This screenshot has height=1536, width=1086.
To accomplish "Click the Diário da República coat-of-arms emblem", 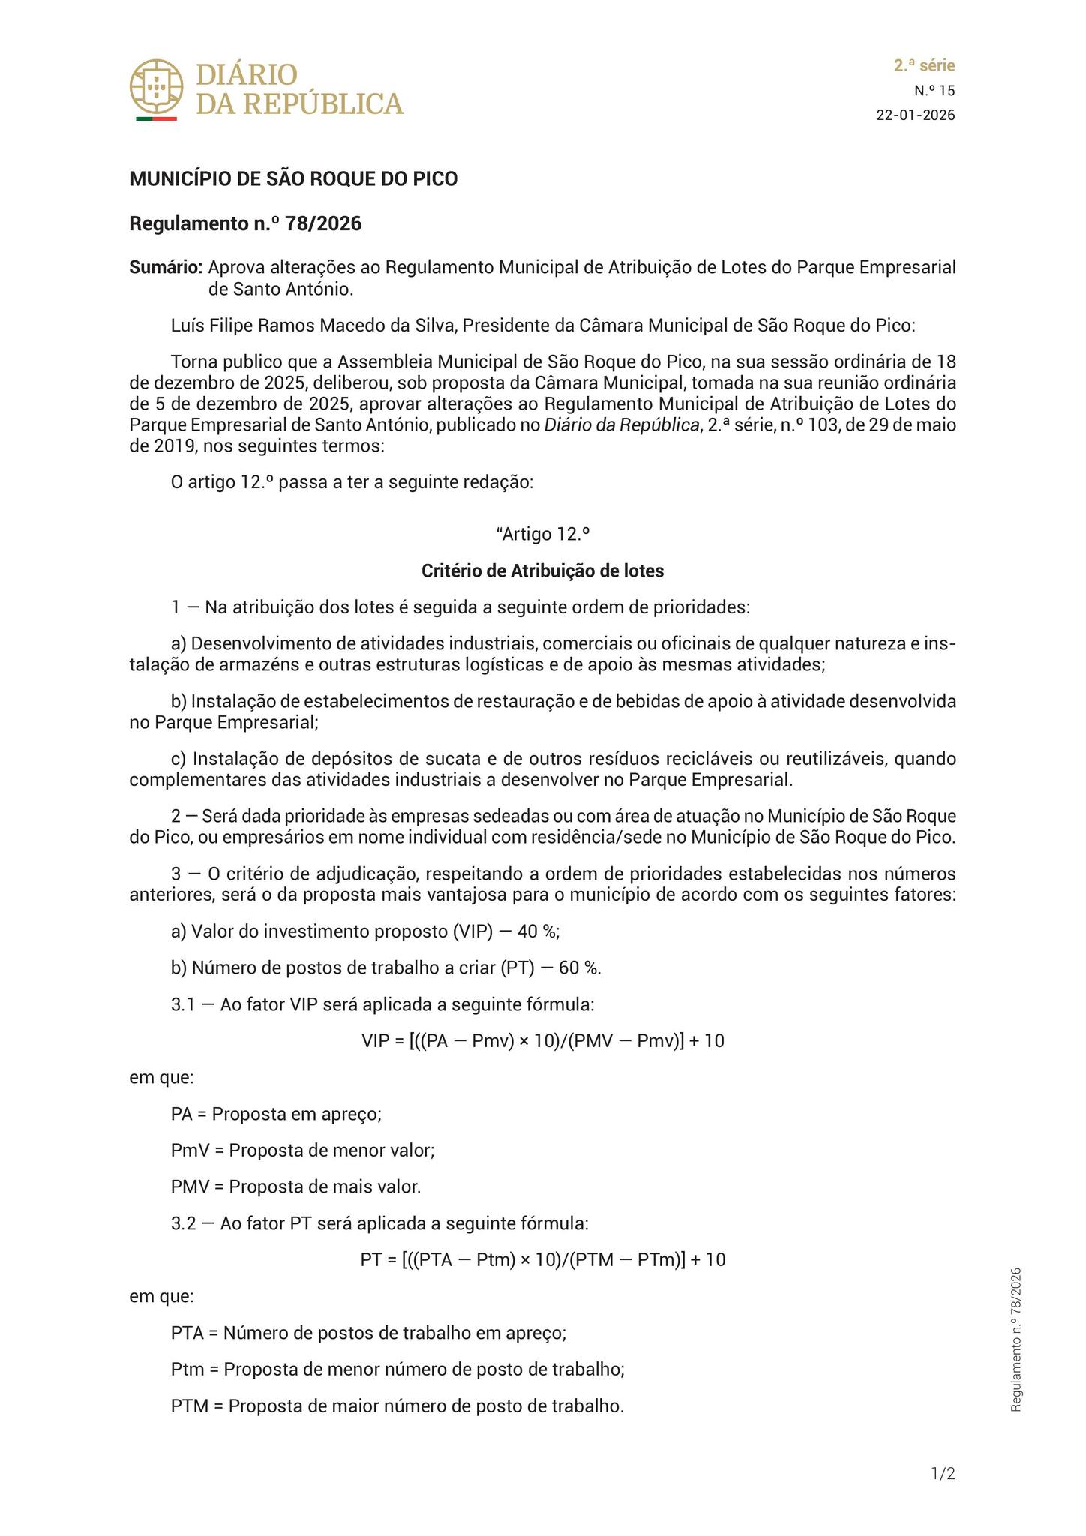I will click(156, 86).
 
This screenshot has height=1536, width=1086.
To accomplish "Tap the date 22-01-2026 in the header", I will click(916, 115).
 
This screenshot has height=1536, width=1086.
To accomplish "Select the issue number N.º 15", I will click(934, 91).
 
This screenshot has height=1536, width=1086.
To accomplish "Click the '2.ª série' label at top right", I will click(924, 65).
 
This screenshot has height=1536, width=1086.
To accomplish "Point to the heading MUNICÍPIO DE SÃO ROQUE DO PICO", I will click(293, 179).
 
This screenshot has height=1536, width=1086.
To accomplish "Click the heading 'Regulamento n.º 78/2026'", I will click(245, 223).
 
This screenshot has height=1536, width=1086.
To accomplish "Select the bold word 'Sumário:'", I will click(166, 267).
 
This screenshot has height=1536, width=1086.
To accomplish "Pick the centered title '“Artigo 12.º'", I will click(542, 534).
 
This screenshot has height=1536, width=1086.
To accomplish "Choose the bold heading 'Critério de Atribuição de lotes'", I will click(542, 571).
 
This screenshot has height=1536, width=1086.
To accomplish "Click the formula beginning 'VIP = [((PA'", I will click(542, 1040).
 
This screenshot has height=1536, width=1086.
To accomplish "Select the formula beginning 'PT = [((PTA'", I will click(542, 1259).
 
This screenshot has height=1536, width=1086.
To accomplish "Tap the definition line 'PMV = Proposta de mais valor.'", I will click(295, 1186).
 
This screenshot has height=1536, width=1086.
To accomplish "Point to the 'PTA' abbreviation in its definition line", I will click(187, 1333).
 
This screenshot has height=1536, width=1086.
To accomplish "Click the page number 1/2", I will click(943, 1474).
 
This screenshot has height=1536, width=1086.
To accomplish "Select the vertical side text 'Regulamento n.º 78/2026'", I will click(1016, 1339).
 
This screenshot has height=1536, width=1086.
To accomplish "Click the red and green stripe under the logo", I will click(156, 118).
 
